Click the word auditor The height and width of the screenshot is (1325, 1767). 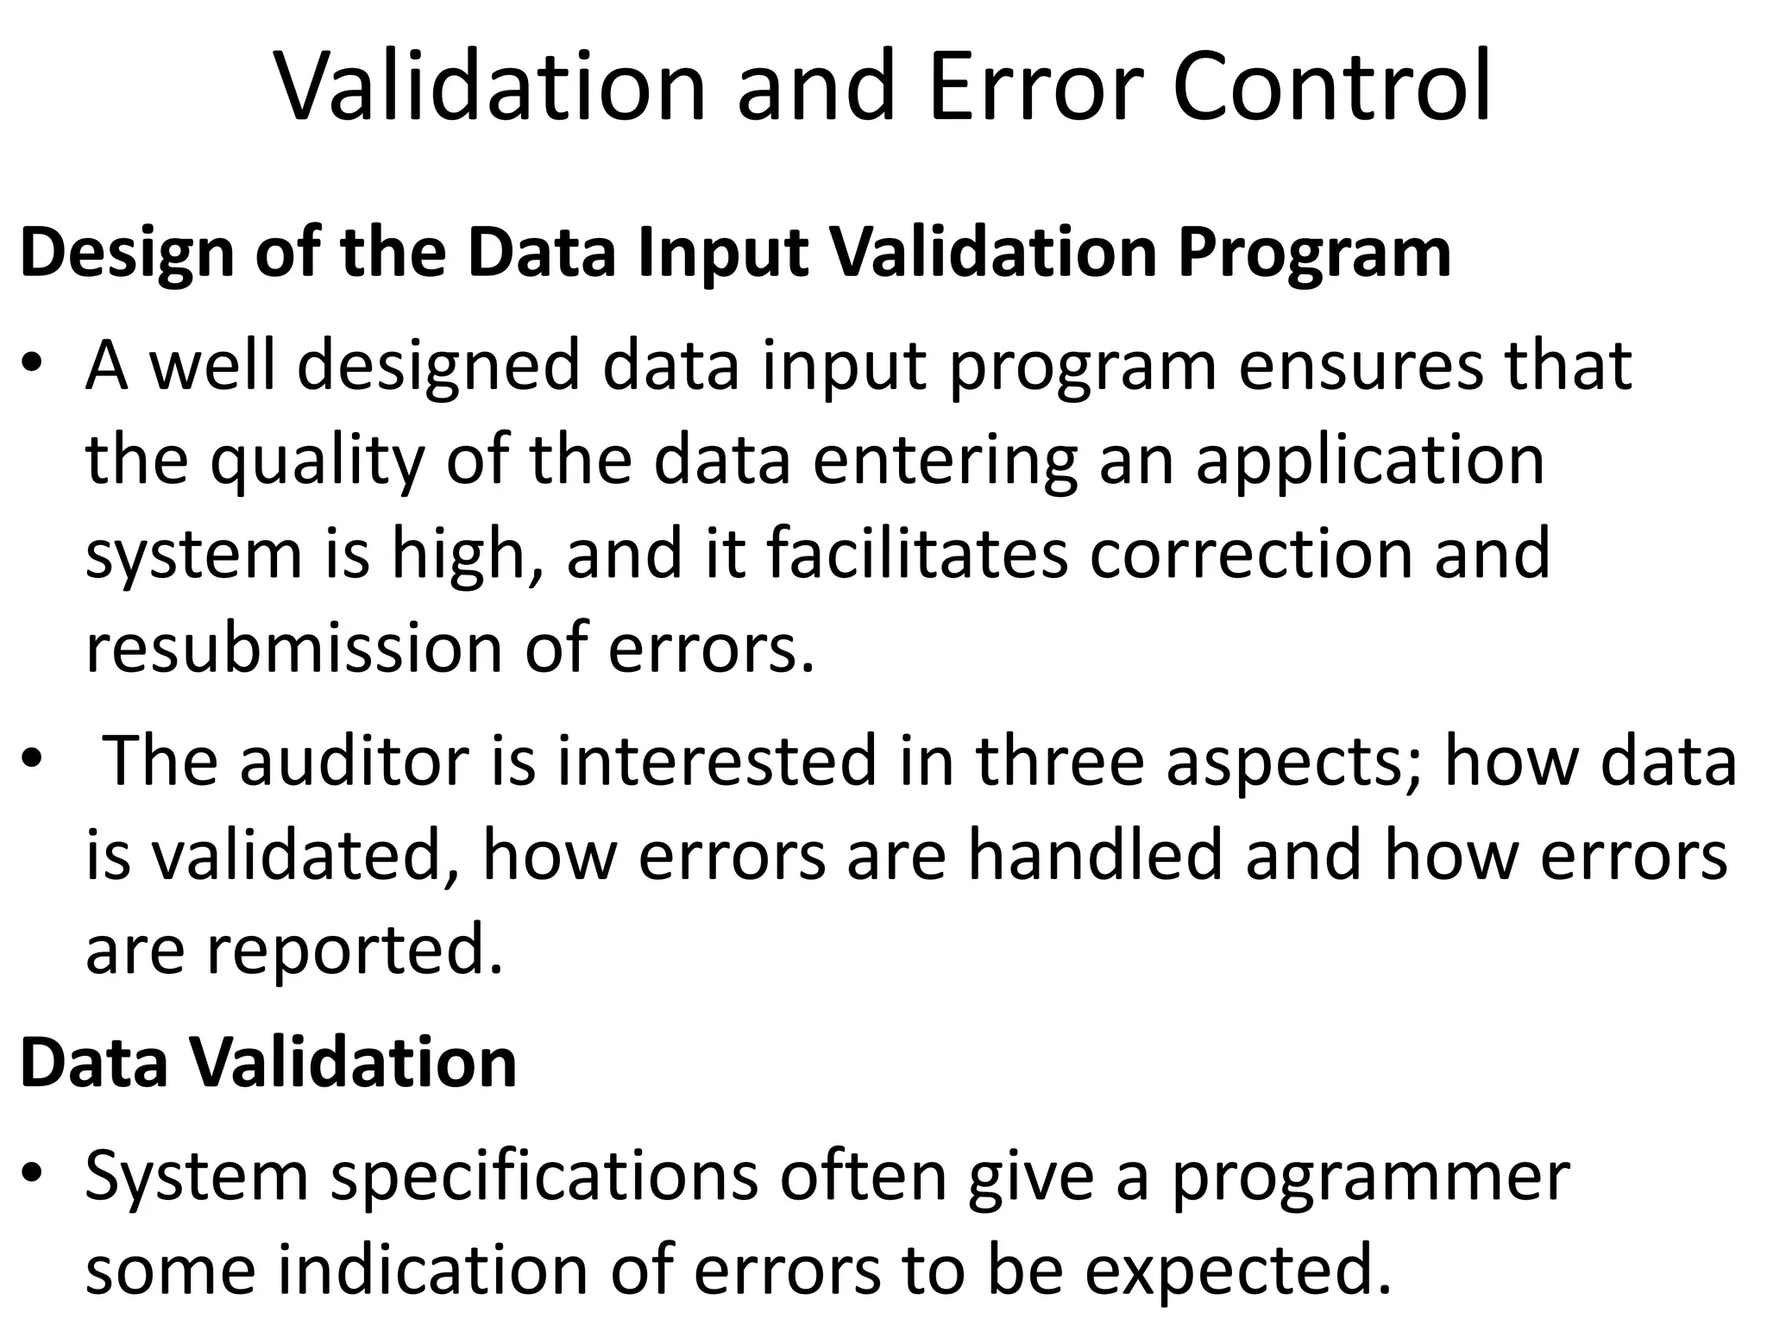(354, 761)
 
